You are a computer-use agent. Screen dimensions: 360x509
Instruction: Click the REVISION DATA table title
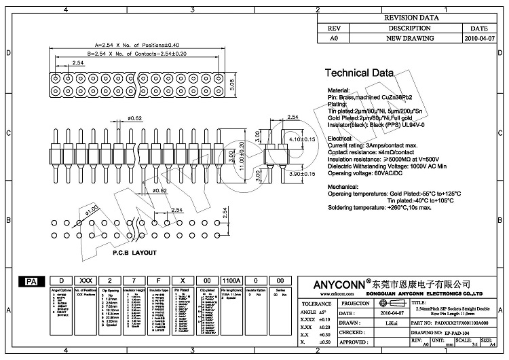pos(411,18)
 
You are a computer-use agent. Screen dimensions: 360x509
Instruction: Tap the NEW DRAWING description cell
pos(410,39)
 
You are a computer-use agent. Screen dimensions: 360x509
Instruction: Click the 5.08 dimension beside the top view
pos(232,85)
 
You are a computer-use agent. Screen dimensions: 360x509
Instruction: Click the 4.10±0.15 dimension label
pos(302,139)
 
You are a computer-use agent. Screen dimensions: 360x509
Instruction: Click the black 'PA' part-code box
pos(31,281)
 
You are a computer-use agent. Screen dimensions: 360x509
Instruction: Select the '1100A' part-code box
pos(231,281)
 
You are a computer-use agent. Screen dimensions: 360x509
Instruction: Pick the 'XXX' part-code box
pos(85,281)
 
